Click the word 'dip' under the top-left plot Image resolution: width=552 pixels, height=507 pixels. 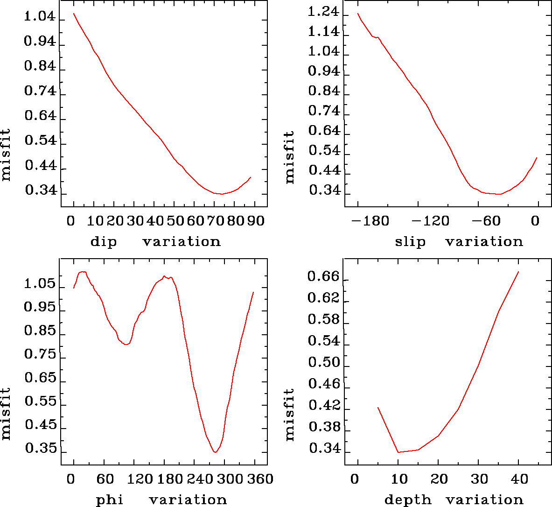103,242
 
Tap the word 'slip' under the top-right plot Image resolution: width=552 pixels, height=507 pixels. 410,242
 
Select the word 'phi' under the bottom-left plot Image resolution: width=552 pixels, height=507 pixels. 110,500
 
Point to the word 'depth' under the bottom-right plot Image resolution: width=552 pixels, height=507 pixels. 408,500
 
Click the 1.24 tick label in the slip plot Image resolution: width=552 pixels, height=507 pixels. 323,12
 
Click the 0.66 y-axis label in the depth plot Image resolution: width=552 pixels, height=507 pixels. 323,277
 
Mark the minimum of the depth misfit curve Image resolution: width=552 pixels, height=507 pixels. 398,452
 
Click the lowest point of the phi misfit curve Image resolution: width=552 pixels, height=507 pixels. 215,452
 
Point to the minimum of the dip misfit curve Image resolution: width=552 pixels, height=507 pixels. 221,194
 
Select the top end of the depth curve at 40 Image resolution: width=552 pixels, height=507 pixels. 518,271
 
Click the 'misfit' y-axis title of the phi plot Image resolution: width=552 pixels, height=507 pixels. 6,414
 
